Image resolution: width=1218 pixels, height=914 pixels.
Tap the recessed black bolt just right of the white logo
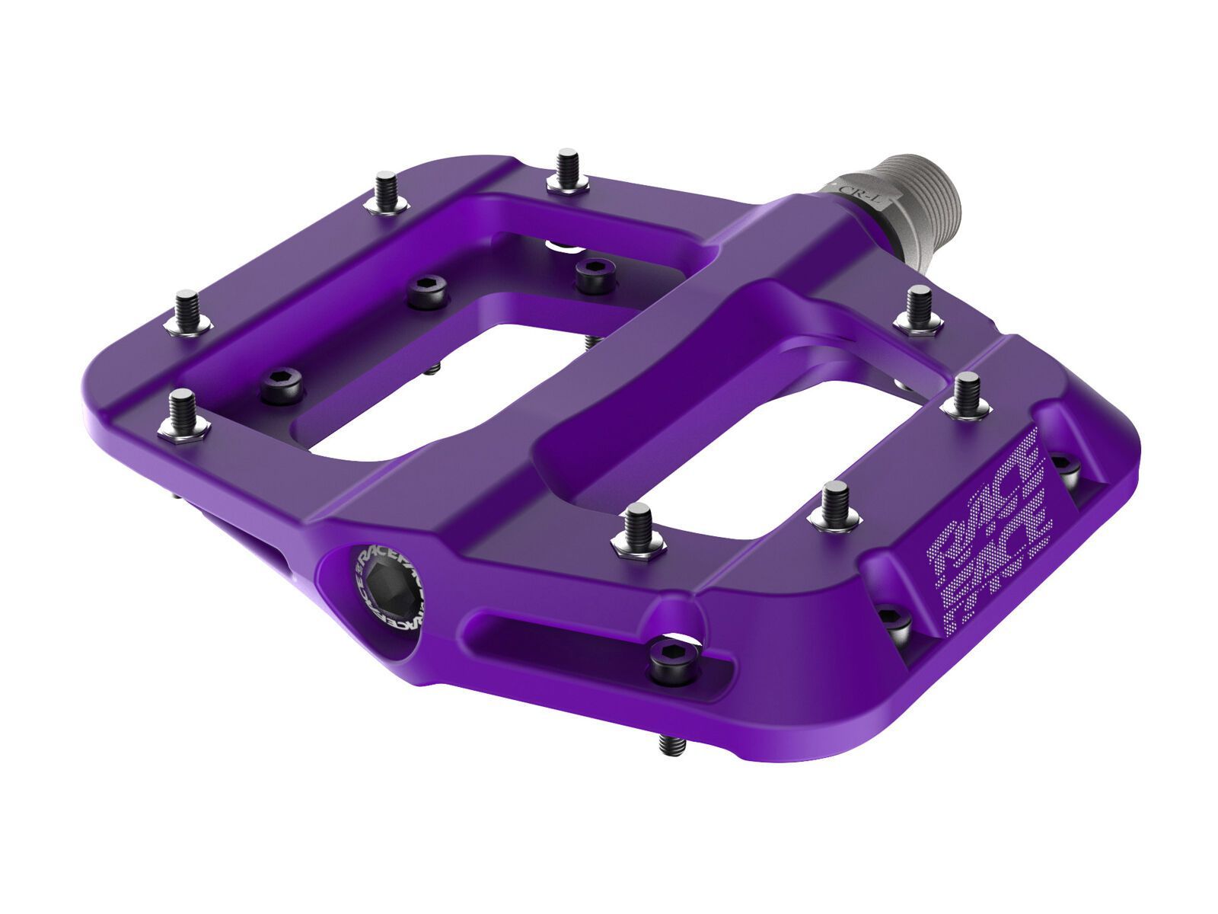pos(1065,464)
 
